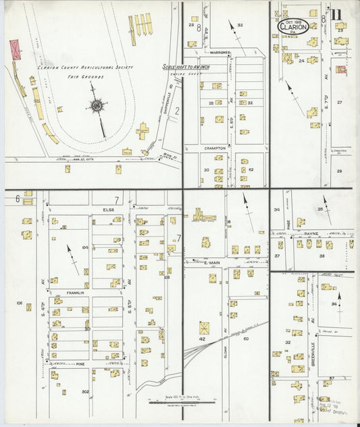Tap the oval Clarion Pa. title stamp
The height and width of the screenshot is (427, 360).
293,26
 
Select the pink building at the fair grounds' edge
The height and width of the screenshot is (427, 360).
16,49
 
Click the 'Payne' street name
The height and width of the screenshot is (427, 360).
311,233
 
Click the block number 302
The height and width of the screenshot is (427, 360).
85,391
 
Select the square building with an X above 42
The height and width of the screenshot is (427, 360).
205,327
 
